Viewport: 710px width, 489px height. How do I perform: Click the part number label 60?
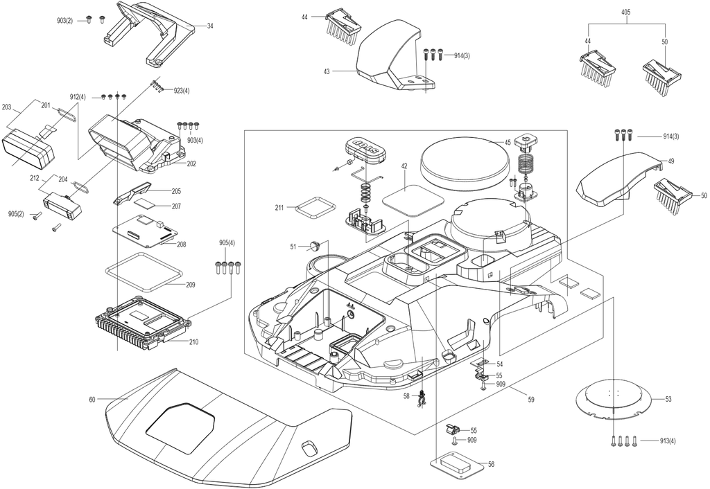click(x=92, y=400)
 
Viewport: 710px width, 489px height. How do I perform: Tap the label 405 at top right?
click(x=626, y=12)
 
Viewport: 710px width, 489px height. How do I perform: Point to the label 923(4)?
click(x=182, y=91)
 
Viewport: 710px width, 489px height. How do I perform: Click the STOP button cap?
click(x=365, y=147)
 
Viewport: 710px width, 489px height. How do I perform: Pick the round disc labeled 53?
click(x=614, y=400)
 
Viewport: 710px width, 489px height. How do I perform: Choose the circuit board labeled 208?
click(x=144, y=229)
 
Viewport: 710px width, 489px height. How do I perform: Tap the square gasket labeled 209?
click(x=144, y=272)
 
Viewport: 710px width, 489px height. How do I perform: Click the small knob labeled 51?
click(x=315, y=246)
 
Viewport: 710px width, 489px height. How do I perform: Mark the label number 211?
click(x=279, y=208)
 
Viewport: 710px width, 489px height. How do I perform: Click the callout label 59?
click(x=531, y=400)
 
